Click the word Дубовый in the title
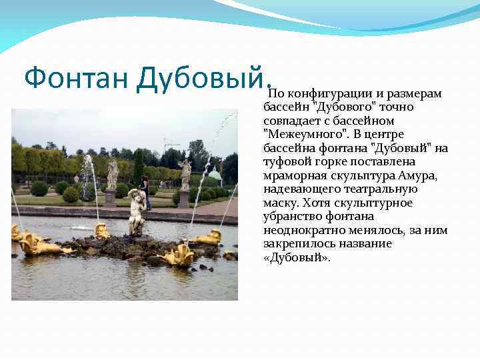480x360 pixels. pos(201,79)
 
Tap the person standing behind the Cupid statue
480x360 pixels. pos(144,191)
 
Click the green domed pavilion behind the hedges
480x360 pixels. pos(215,175)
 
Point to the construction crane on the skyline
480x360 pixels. pos(171,143)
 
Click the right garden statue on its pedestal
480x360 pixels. pos(185,174)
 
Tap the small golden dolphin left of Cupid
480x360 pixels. pos(102,231)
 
